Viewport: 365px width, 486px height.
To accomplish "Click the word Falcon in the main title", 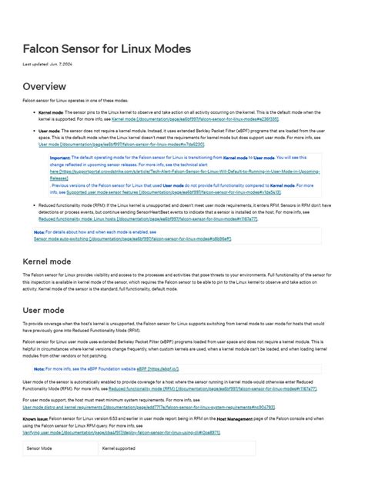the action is pos(43,49).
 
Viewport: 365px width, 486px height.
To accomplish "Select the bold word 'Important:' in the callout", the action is pos(60,158).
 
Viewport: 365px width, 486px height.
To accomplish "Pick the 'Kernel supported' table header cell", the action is pos(119,448).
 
